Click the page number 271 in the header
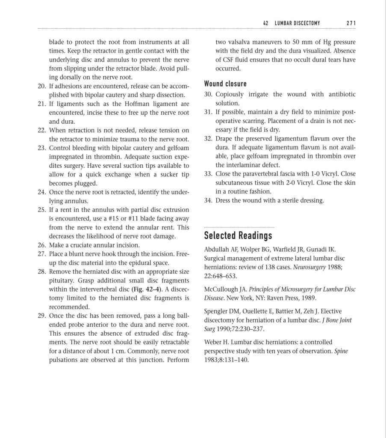351,23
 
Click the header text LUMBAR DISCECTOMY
297,23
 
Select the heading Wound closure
225,83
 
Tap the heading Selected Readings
238,235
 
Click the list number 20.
41,86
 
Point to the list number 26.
41,245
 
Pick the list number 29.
41,316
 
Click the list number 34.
208,200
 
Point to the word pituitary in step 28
61,281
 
